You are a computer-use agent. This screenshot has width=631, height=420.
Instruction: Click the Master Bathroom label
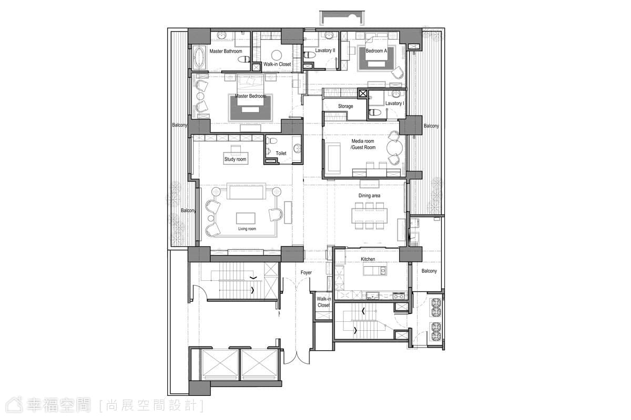click(226, 51)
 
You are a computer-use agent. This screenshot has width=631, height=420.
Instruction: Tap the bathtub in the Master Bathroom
click(199, 58)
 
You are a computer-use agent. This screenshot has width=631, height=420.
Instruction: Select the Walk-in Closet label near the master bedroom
click(277, 64)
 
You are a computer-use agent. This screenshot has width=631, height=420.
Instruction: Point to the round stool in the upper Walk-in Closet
click(277, 55)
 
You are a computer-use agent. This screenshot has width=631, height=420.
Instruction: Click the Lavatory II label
click(325, 50)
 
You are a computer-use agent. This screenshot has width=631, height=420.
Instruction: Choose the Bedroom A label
click(376, 51)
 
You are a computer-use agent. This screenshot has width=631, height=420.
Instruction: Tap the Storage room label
click(345, 106)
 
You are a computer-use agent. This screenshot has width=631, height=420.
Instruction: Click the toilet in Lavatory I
click(374, 112)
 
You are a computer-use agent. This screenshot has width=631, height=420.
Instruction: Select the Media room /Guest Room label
click(363, 144)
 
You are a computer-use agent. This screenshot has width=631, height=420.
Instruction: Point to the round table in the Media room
click(395, 148)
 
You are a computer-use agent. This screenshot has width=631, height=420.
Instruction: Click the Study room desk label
click(235, 159)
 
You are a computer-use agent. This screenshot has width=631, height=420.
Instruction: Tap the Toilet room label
click(281, 153)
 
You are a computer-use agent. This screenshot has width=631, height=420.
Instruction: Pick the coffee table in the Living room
click(246, 218)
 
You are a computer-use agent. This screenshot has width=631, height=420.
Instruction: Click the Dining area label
click(369, 195)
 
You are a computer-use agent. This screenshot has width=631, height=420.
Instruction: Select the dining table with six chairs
click(369, 215)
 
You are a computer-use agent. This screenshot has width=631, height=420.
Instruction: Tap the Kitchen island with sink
click(374, 271)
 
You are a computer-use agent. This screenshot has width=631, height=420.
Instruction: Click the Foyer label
click(306, 272)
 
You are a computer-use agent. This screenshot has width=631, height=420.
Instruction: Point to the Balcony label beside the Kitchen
click(429, 271)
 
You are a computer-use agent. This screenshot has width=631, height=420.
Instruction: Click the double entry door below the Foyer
click(297, 356)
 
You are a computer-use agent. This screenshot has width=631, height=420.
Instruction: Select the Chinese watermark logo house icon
click(14, 405)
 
